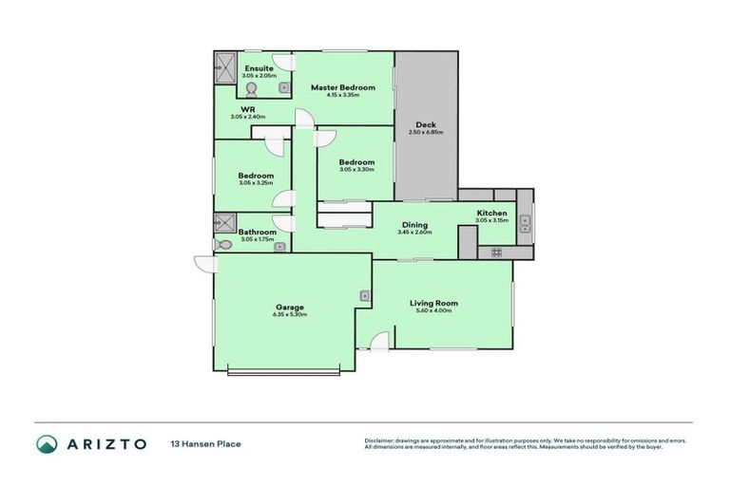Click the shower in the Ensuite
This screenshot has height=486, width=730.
point(224,68)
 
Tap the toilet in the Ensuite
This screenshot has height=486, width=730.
point(252,90)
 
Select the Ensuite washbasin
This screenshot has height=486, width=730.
point(283,88)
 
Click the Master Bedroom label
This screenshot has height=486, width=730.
point(343,87)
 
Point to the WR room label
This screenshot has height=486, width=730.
point(248,109)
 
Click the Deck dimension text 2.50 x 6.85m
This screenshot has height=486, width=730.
point(425,133)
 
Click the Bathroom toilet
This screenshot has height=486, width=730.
point(222,244)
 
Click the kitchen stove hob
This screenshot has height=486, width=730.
point(495,252)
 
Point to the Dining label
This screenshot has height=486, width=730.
point(414,225)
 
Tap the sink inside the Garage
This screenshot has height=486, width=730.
point(364,296)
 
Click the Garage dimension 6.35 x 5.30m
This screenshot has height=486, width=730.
point(290,314)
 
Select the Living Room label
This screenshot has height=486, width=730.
point(433,303)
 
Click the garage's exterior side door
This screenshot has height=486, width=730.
point(202,263)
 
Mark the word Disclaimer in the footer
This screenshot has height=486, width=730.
point(381,440)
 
